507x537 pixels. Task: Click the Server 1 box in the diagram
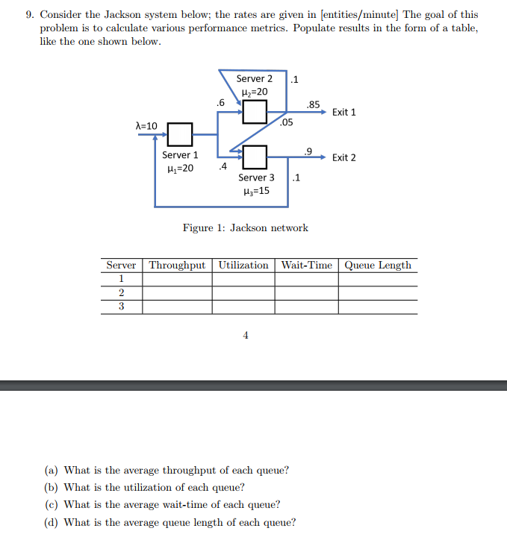click(x=180, y=135)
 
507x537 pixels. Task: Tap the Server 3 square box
click(x=255, y=157)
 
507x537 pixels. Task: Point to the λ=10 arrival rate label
click(x=146, y=125)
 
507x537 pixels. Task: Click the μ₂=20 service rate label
click(x=254, y=92)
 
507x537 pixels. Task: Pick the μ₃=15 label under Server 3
click(x=256, y=190)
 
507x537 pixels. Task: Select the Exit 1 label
click(x=344, y=112)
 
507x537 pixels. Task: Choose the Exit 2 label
click(x=344, y=157)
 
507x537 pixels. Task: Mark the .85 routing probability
click(x=314, y=104)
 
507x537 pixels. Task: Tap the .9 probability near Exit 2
click(x=308, y=151)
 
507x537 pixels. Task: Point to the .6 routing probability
click(x=220, y=102)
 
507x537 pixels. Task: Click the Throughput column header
click(x=177, y=265)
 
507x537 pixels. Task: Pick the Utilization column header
click(x=243, y=265)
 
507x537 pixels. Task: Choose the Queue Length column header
click(x=378, y=265)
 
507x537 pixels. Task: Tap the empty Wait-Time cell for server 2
click(x=306, y=292)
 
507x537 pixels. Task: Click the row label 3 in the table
click(x=122, y=307)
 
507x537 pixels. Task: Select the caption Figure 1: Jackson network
click(x=246, y=227)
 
